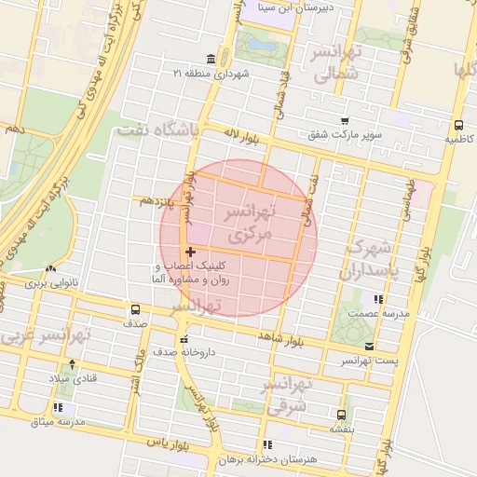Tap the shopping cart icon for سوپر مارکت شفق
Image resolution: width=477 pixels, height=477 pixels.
[x=345, y=121]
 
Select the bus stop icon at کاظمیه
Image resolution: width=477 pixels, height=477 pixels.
[x=458, y=125]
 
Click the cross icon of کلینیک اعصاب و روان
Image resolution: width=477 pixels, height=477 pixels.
[x=191, y=252]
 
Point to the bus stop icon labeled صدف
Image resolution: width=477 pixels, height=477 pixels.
[x=136, y=309]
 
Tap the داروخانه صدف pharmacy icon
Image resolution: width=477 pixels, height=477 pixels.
[x=184, y=339]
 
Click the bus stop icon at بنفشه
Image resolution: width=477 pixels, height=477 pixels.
[x=341, y=414]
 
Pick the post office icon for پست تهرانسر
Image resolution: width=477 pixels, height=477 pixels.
[x=370, y=346]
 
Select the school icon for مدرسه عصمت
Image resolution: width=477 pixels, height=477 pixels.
[x=378, y=299]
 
